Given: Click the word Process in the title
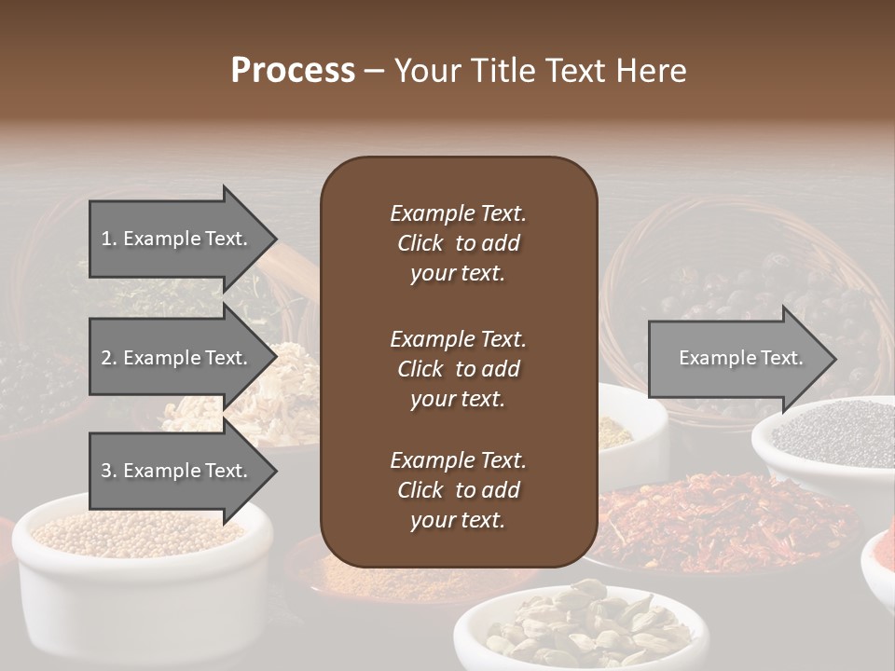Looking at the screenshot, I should point(293,71).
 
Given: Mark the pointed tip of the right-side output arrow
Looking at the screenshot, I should point(834,359).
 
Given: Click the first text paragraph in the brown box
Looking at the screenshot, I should point(458,243).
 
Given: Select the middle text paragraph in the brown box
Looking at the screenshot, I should point(458,368).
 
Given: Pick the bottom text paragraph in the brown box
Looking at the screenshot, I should point(458,490).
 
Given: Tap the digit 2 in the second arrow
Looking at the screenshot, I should point(106,358).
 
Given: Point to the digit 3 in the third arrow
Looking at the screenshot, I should point(106,471).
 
